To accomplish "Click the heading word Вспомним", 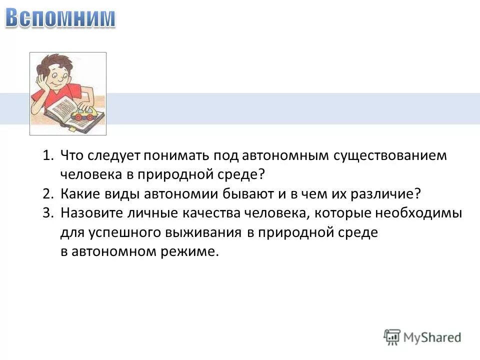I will (60, 18).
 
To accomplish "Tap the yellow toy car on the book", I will (83, 114).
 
